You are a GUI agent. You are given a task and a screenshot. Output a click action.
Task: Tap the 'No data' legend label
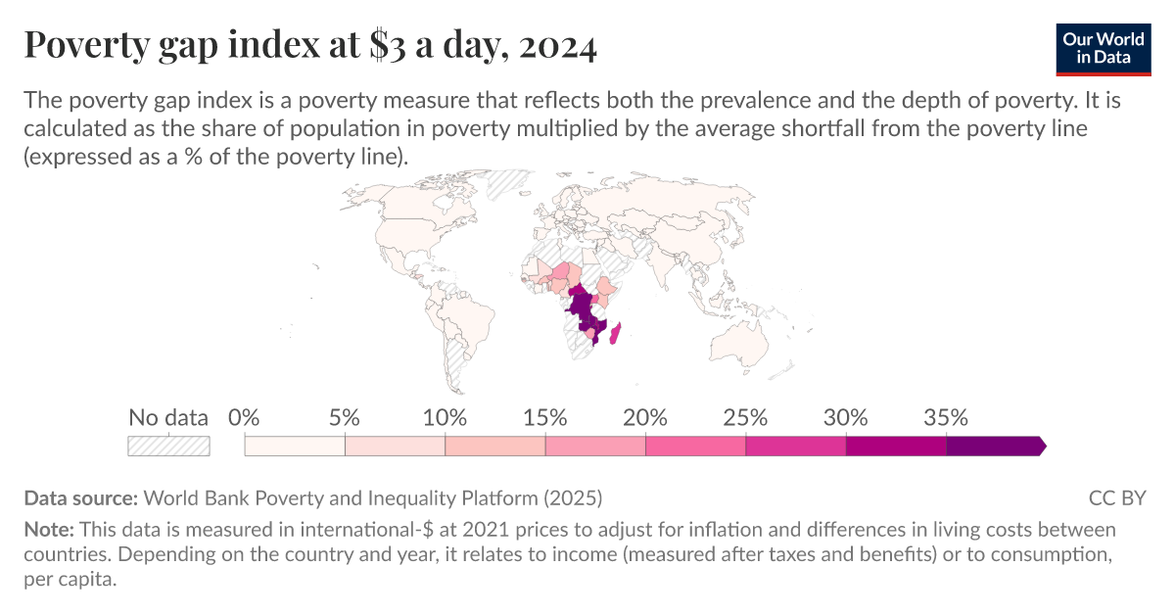click(168, 418)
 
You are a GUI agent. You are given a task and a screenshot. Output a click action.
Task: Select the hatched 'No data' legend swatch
click(168, 446)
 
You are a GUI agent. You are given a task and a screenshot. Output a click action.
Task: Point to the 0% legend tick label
click(244, 418)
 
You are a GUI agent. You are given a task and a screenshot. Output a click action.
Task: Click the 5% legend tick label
click(345, 418)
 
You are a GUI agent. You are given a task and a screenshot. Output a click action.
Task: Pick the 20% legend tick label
click(645, 418)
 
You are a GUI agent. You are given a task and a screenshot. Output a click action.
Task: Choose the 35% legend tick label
click(946, 418)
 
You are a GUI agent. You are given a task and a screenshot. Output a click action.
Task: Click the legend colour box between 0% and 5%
click(295, 446)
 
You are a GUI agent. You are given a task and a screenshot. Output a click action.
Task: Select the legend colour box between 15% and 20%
click(595, 446)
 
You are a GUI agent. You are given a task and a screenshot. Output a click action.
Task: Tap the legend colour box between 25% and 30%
click(795, 446)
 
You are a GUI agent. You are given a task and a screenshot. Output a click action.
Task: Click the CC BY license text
click(1117, 497)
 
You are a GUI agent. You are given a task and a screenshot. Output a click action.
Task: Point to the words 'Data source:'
click(83, 497)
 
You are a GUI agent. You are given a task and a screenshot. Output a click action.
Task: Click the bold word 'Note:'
click(49, 530)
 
